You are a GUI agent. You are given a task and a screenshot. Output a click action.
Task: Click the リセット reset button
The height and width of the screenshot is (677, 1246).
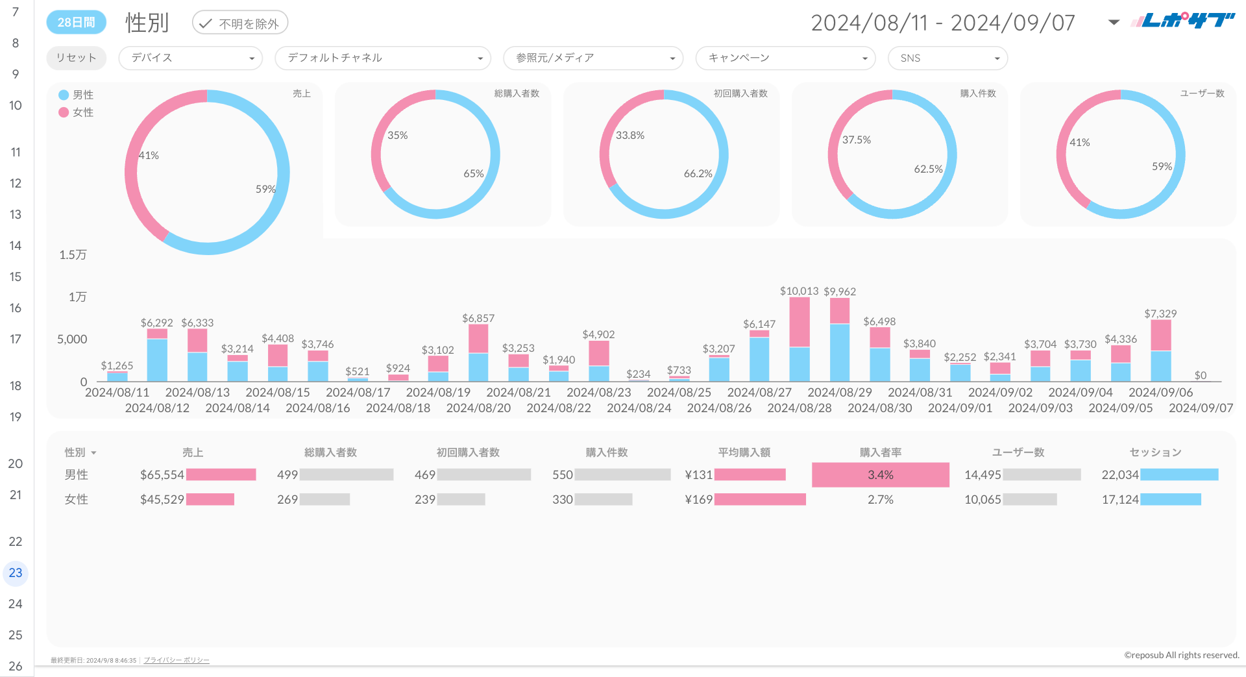point(76,58)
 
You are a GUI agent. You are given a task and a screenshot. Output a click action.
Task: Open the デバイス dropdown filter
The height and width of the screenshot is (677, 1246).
point(190,58)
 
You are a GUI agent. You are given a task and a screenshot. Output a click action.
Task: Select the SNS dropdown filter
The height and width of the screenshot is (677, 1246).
point(947,58)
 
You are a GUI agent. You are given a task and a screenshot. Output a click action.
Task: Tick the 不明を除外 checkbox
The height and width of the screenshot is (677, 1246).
point(206,23)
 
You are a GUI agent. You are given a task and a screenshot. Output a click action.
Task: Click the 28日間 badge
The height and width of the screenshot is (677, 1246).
point(76,22)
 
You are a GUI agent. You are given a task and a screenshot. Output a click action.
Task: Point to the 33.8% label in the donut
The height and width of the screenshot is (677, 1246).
point(629,135)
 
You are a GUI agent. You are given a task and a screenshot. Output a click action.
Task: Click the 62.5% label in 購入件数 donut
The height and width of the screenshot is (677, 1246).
point(928,169)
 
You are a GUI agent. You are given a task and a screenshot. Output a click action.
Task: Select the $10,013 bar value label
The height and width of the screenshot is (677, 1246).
point(799,291)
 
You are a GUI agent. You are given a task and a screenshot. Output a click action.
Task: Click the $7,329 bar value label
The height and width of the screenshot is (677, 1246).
point(1160,314)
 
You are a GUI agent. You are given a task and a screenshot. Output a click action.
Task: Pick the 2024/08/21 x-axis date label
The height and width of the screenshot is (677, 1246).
point(518,392)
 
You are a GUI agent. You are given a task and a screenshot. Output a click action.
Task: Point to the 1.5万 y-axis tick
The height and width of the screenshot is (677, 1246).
point(73,254)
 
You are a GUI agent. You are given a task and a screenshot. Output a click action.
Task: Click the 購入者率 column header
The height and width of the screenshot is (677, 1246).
point(880,452)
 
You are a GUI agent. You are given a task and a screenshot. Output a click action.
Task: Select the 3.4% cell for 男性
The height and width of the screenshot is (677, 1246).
point(880,474)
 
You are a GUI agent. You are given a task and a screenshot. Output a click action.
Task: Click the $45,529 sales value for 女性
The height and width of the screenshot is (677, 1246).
point(162,499)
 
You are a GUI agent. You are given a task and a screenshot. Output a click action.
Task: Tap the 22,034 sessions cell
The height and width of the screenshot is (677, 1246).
point(1119,474)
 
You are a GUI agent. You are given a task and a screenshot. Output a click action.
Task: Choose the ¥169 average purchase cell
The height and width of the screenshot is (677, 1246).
point(699,499)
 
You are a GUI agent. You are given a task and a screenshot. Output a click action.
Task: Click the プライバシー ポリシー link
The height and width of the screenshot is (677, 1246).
point(176,660)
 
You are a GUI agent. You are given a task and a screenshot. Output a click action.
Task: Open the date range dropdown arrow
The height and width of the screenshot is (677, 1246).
point(1114,22)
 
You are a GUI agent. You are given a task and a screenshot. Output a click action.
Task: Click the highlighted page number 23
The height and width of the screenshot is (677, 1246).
point(16,573)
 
